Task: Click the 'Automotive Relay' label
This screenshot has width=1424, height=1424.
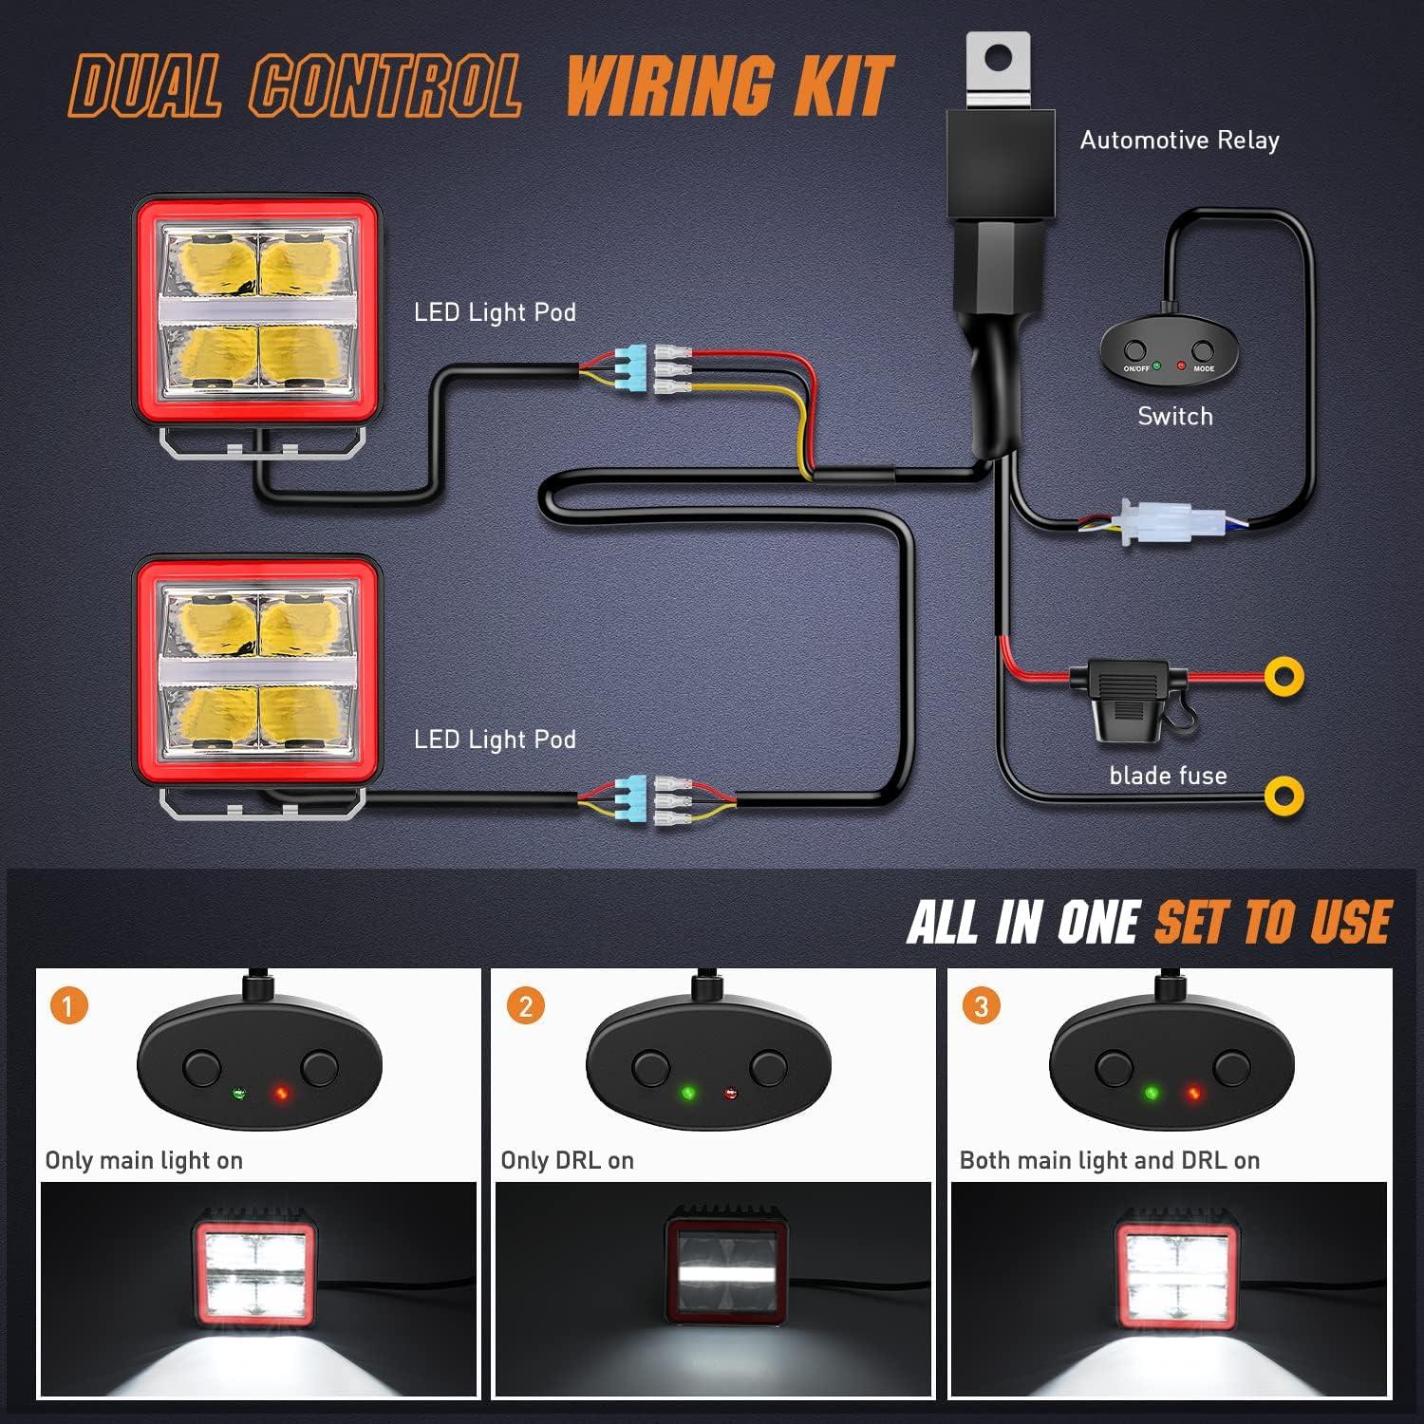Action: click(x=1179, y=141)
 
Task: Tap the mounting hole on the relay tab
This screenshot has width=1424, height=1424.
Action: click(x=996, y=58)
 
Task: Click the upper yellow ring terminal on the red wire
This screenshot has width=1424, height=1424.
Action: click(x=1283, y=676)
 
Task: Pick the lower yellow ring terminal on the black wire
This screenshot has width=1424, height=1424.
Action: click(x=1283, y=795)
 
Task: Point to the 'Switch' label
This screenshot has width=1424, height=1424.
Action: click(x=1175, y=416)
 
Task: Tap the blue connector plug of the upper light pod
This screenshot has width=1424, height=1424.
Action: click(x=632, y=372)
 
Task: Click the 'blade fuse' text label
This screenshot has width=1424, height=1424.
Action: click(x=1168, y=776)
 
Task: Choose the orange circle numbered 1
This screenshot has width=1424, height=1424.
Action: click(x=68, y=1005)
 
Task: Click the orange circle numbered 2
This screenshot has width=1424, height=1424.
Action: click(x=525, y=1005)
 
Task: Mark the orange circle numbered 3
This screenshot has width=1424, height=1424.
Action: click(x=981, y=1005)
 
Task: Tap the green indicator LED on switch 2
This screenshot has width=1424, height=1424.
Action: click(x=688, y=1094)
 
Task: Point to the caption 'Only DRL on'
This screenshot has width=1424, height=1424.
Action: click(x=567, y=1160)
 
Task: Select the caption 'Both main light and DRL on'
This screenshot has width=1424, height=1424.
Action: click(x=1109, y=1160)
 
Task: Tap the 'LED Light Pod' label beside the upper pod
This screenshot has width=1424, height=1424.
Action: click(x=495, y=312)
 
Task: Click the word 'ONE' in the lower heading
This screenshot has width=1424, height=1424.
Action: click(x=1097, y=922)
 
